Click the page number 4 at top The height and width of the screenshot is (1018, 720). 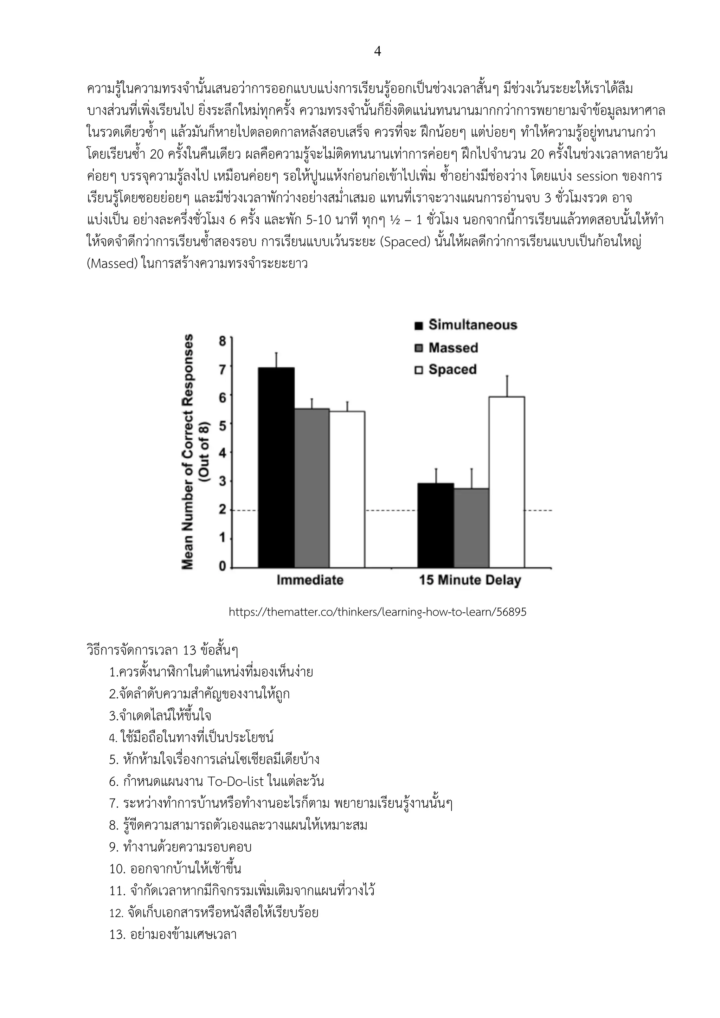point(377,52)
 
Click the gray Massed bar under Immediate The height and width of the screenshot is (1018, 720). point(312,488)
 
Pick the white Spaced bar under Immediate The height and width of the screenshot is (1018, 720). point(347,489)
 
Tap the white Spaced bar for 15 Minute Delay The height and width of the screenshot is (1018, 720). point(507,482)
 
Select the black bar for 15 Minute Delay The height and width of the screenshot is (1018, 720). point(436,526)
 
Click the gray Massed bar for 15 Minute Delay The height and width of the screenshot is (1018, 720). point(471,528)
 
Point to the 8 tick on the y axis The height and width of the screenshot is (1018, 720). point(223,341)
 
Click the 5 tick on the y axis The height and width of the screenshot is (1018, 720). point(223,425)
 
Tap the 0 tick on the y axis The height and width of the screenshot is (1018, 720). point(223,566)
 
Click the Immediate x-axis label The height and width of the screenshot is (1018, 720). point(310,580)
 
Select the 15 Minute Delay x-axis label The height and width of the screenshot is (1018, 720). point(470,580)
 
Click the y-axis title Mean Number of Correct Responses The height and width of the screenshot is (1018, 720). point(188,451)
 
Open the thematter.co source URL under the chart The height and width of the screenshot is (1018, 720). point(377,612)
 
